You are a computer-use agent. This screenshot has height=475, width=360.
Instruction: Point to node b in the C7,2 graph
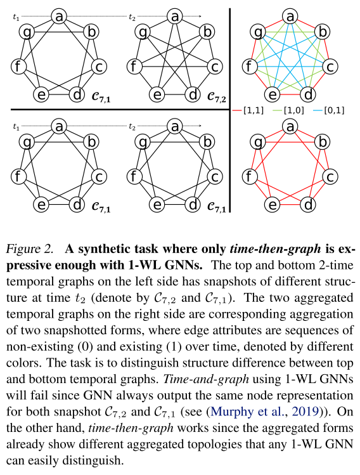tap(207, 30)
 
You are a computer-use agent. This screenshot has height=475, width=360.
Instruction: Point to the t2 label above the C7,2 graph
tap(132, 18)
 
